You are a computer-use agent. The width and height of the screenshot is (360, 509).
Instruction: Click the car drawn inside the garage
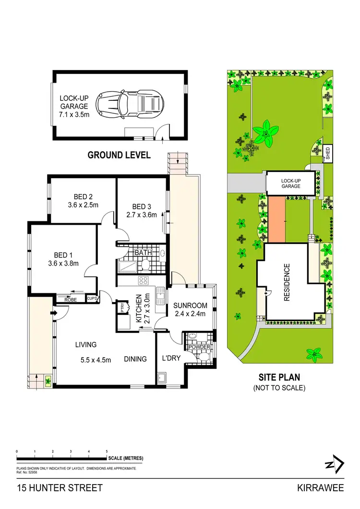click(130, 103)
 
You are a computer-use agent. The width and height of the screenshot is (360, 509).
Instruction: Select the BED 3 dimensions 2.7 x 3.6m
click(142, 215)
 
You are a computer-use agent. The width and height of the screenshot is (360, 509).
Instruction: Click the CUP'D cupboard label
click(92, 299)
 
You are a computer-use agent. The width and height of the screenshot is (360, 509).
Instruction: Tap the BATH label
click(143, 253)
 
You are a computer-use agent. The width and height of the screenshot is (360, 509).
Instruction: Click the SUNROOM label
click(190, 305)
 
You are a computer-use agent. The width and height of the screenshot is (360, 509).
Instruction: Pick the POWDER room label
click(199, 347)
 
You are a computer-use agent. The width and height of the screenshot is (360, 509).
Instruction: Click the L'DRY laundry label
click(170, 358)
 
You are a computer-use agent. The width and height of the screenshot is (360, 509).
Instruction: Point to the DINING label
click(136, 358)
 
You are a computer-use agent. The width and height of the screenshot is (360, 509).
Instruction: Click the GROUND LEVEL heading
click(119, 155)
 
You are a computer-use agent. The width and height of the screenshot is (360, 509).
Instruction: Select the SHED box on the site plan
click(328, 154)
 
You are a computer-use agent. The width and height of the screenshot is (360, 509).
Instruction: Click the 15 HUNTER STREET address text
click(60, 488)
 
